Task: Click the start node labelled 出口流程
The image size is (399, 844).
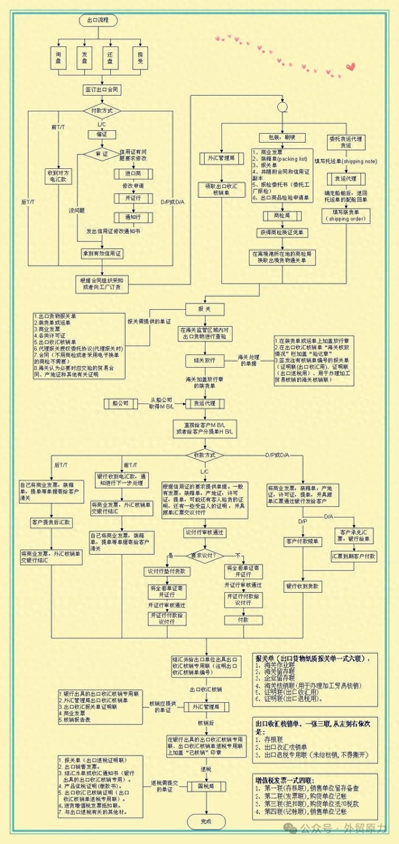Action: click(x=98, y=20)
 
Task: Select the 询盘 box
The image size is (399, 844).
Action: click(x=58, y=57)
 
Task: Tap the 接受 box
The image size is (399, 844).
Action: click(x=140, y=57)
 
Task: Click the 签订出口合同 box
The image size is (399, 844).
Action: click(x=102, y=90)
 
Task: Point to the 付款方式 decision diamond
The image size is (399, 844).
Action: click(x=102, y=110)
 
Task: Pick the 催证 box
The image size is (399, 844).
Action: click(x=102, y=134)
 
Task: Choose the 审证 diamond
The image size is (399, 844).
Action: click(x=102, y=154)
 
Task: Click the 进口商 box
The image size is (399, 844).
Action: click(x=133, y=174)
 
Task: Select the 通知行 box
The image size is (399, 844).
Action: click(x=133, y=217)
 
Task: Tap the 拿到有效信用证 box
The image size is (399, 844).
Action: click(x=102, y=254)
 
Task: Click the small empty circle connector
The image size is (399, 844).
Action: click(x=282, y=107)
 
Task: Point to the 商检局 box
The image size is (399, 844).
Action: click(x=282, y=216)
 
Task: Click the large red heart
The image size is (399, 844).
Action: click(x=351, y=66)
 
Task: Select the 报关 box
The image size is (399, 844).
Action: click(x=204, y=309)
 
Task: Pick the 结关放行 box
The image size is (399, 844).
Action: click(x=204, y=360)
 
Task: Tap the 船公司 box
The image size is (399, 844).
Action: click(x=120, y=403)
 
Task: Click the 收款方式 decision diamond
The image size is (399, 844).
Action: click(x=204, y=455)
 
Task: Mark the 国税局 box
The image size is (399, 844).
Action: click(x=206, y=786)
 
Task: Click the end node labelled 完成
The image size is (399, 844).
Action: click(x=206, y=821)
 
